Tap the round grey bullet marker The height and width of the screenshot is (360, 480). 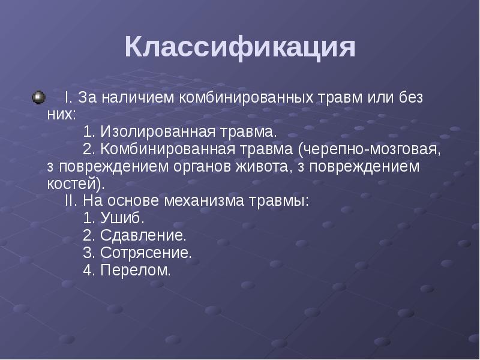pyautogui.click(x=39, y=96)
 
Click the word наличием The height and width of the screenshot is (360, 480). pyautogui.click(x=140, y=98)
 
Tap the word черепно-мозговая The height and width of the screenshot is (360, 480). pyautogui.click(x=373, y=149)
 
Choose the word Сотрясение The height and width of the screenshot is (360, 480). pyautogui.click(x=145, y=253)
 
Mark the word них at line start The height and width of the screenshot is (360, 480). pyautogui.click(x=60, y=115)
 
